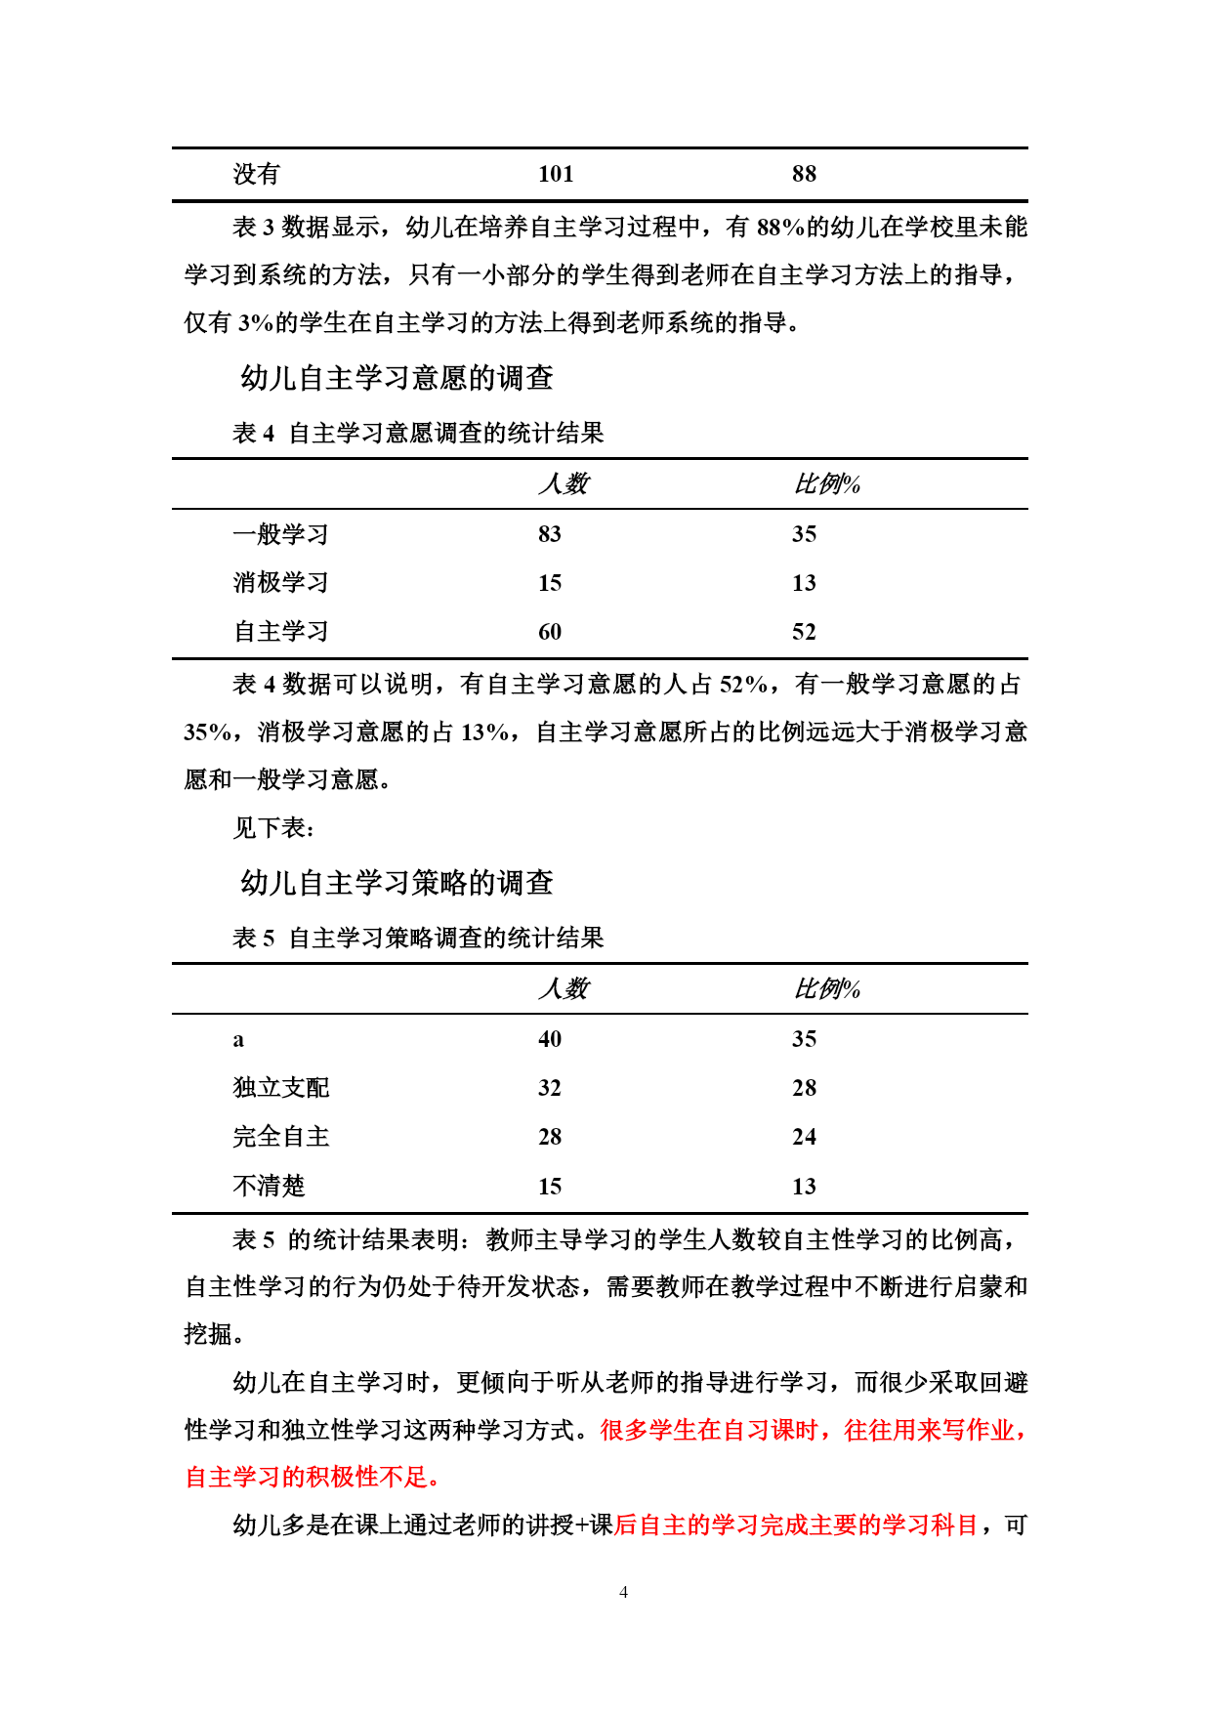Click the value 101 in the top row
pyautogui.click(x=556, y=174)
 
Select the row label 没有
pyautogui.click(x=257, y=174)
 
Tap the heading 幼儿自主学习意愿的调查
pyautogui.click(x=397, y=378)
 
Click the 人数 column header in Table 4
pyautogui.click(x=564, y=483)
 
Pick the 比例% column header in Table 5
pyautogui.click(x=826, y=988)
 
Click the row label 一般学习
pyautogui.click(x=280, y=534)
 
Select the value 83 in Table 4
pyautogui.click(x=550, y=534)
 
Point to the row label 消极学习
pyautogui.click(x=280, y=583)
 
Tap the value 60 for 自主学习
pyautogui.click(x=550, y=632)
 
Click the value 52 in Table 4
pyautogui.click(x=804, y=632)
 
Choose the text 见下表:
pyautogui.click(x=273, y=828)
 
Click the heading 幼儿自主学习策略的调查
pyautogui.click(x=397, y=883)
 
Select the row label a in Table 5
pyautogui.click(x=238, y=1040)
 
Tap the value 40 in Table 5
pyautogui.click(x=550, y=1039)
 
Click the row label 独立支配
pyautogui.click(x=280, y=1088)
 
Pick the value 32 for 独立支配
pyautogui.click(x=550, y=1088)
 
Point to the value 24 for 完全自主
pyautogui.click(x=804, y=1137)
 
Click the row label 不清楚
pyautogui.click(x=269, y=1187)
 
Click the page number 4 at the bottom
pyautogui.click(x=623, y=1592)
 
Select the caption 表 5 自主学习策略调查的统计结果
pyautogui.click(x=418, y=938)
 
